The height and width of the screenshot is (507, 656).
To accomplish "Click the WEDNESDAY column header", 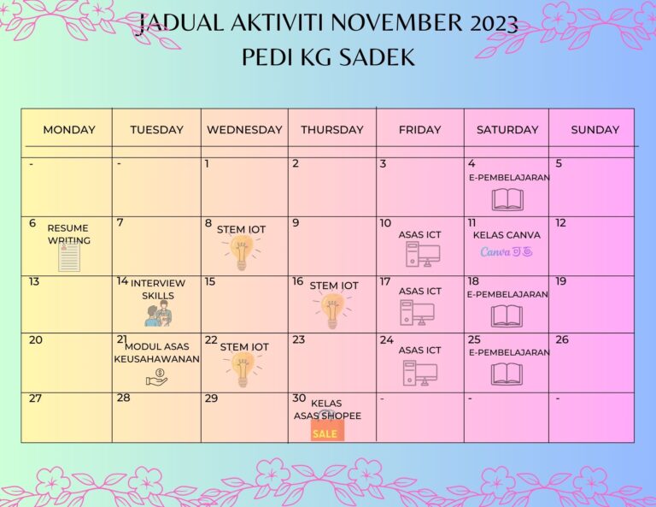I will click(244, 130).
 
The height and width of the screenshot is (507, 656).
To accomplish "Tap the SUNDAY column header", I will click(594, 130).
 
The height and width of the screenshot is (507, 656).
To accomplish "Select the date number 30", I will click(299, 398).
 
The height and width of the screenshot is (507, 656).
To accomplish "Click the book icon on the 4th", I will click(507, 199).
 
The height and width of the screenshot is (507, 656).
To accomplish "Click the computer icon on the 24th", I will click(420, 372).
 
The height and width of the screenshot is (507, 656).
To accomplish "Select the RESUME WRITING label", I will click(68, 234).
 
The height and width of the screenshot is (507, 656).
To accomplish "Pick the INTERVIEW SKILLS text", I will click(158, 289).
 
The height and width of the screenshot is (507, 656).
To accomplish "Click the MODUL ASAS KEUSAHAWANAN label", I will click(157, 352).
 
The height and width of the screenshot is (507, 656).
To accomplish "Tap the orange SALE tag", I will click(325, 433).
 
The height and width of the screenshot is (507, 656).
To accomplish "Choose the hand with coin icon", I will click(157, 376).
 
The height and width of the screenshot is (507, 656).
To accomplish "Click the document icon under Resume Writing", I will click(69, 256).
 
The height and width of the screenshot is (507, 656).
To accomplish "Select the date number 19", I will click(561, 281).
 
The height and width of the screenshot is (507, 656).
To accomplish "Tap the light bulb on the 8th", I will click(242, 252).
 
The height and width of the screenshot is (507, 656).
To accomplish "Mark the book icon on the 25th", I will click(507, 374).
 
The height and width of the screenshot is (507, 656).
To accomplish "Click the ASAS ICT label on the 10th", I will click(420, 235).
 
